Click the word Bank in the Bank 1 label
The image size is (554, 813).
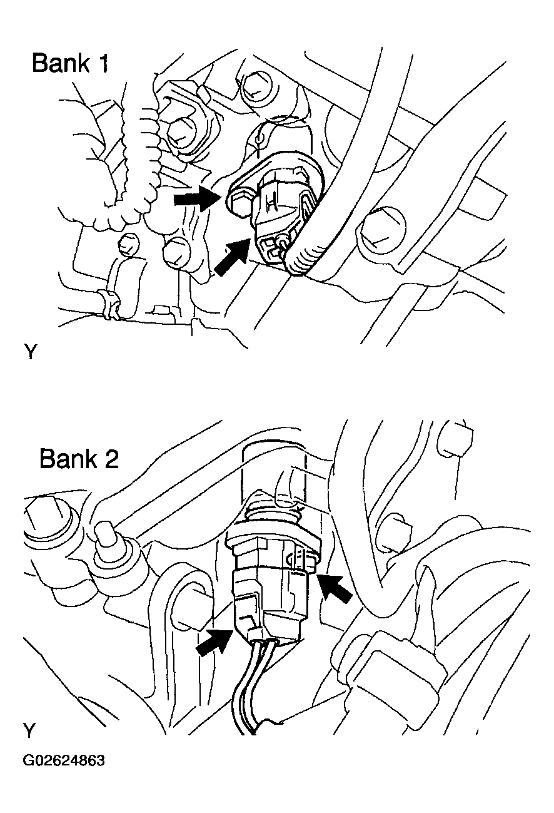click(x=61, y=63)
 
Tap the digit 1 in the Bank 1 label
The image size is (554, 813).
click(x=102, y=63)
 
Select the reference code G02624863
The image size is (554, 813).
click(x=64, y=761)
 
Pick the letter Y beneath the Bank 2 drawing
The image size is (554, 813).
click(x=29, y=730)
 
